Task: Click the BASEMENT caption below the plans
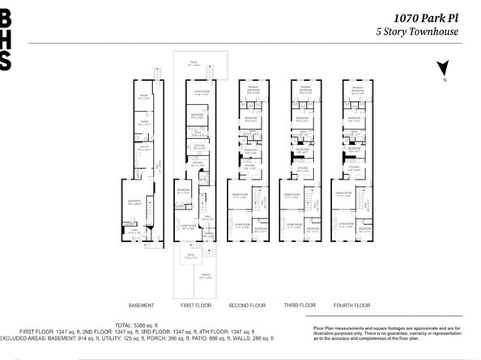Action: (142, 305)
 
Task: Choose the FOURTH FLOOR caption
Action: (353, 305)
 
